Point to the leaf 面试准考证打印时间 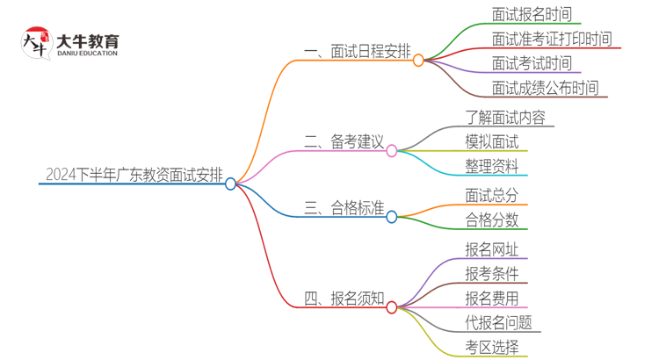(552, 40)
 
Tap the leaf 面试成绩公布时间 (545, 88)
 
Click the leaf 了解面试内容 (505, 117)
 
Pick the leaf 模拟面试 (492, 141)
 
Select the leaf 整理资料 (492, 166)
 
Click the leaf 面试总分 (492, 195)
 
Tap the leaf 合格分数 (492, 220)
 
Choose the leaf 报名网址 (492, 248)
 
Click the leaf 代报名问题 (498, 322)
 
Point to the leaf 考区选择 (492, 347)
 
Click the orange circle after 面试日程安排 (418, 61)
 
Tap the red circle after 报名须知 (392, 307)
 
